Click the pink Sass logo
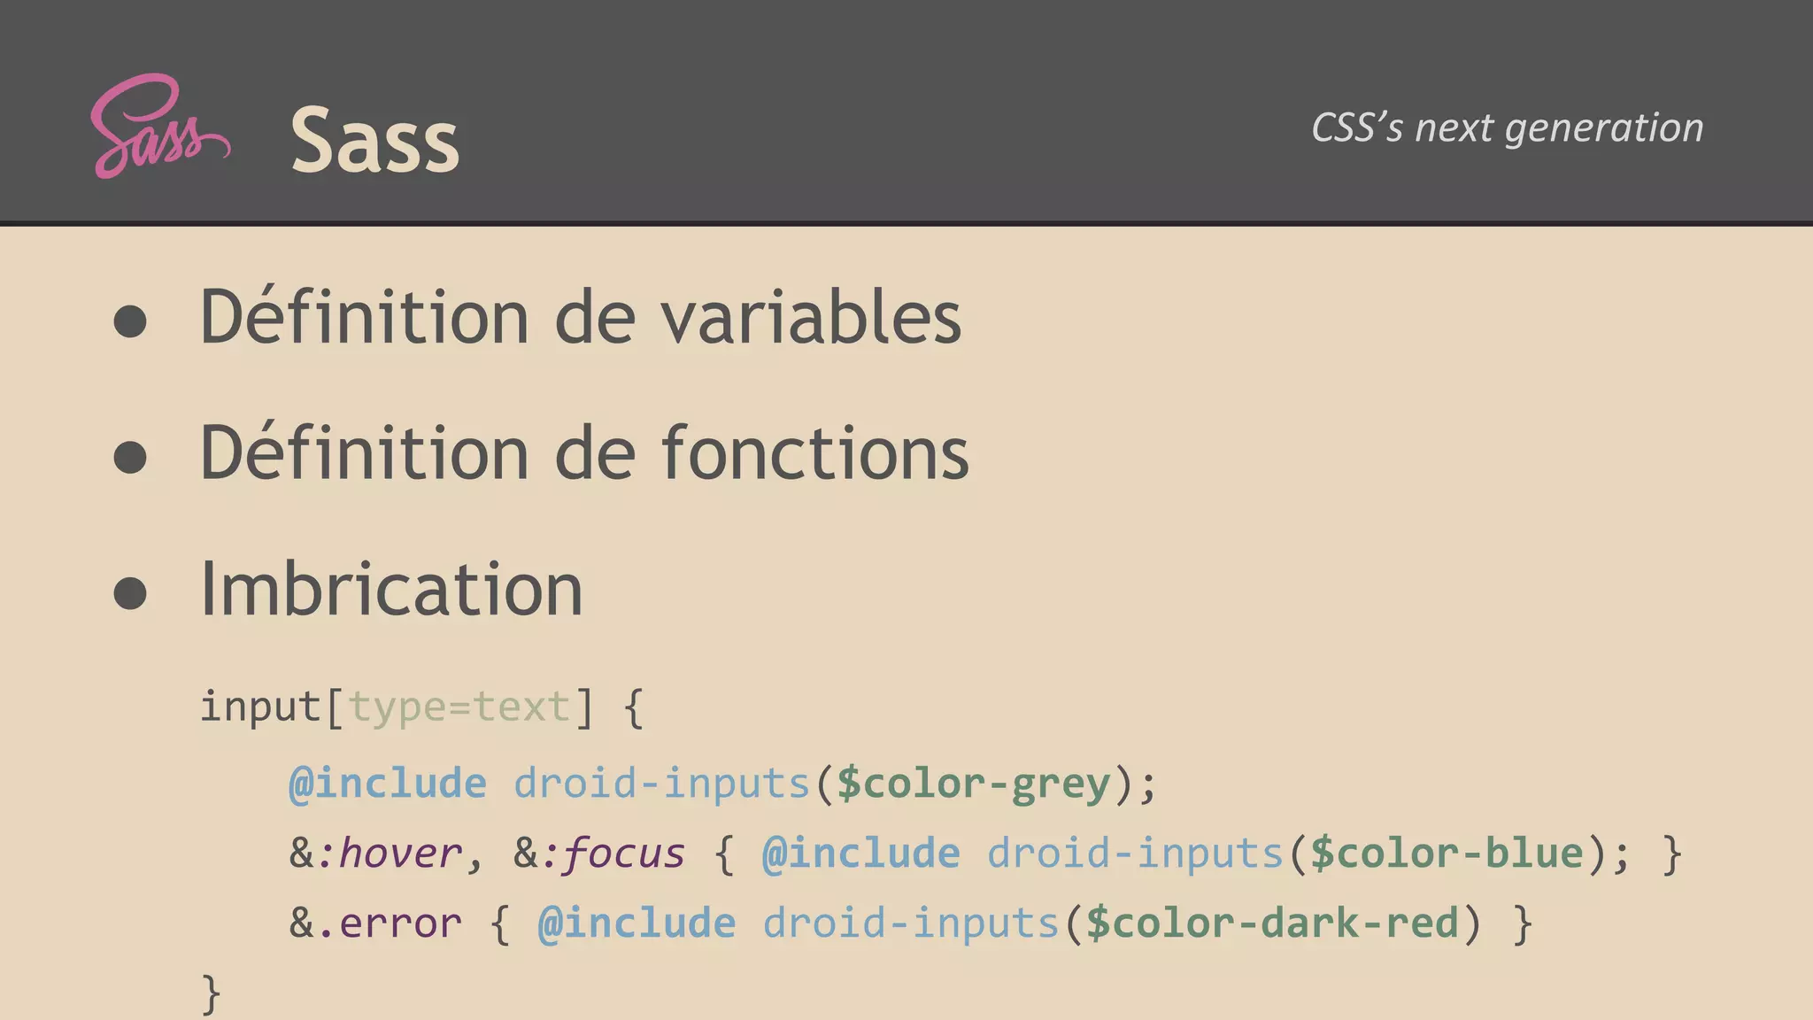159,127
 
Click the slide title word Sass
374,140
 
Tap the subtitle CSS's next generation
1507,127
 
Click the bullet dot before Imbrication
130,593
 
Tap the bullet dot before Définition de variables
130,321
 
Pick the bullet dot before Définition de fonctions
130,457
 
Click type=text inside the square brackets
459,707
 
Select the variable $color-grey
974,784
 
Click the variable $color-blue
1447,854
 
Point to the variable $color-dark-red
1272,923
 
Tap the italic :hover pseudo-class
389,854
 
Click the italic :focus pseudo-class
613,854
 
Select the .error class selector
389,923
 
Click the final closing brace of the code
211,993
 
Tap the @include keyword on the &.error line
636,923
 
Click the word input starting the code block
260,707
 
